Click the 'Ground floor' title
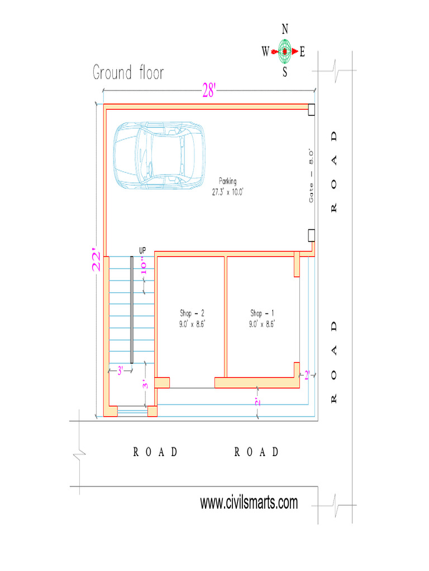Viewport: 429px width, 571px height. [128, 73]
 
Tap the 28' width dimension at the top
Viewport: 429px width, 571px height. [208, 91]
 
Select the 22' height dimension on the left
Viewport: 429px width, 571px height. [97, 260]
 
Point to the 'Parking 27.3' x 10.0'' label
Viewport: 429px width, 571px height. [228, 186]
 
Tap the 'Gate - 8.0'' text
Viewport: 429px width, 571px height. [312, 175]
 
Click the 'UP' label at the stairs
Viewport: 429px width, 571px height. [142, 250]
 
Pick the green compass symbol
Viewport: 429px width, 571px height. [285, 51]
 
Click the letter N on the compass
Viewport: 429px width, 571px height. [285, 29]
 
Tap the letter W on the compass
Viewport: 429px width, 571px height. [265, 52]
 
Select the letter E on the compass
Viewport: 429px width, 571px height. [302, 52]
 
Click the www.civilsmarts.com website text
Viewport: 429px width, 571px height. [249, 503]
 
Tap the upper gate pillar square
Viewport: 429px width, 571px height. [312, 110]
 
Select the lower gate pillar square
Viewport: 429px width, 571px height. [312, 235]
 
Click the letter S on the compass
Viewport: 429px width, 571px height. [285, 72]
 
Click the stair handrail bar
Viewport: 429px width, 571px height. [132, 309]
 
